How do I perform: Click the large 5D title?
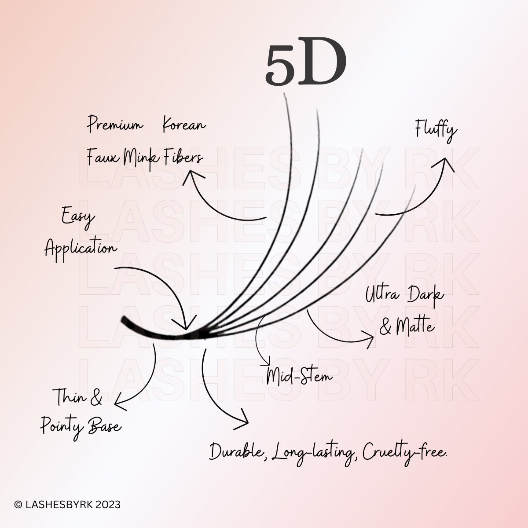pyautogui.click(x=306, y=66)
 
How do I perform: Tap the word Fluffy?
pyautogui.click(x=436, y=130)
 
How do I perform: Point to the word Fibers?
pyautogui.click(x=183, y=157)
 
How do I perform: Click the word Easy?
pyautogui.click(x=78, y=217)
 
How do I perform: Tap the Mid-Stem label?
pyautogui.click(x=299, y=377)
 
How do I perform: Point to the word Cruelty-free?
pyautogui.click(x=405, y=452)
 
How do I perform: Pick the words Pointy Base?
pyautogui.click(x=81, y=426)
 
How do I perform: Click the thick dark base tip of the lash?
pyautogui.click(x=125, y=319)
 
